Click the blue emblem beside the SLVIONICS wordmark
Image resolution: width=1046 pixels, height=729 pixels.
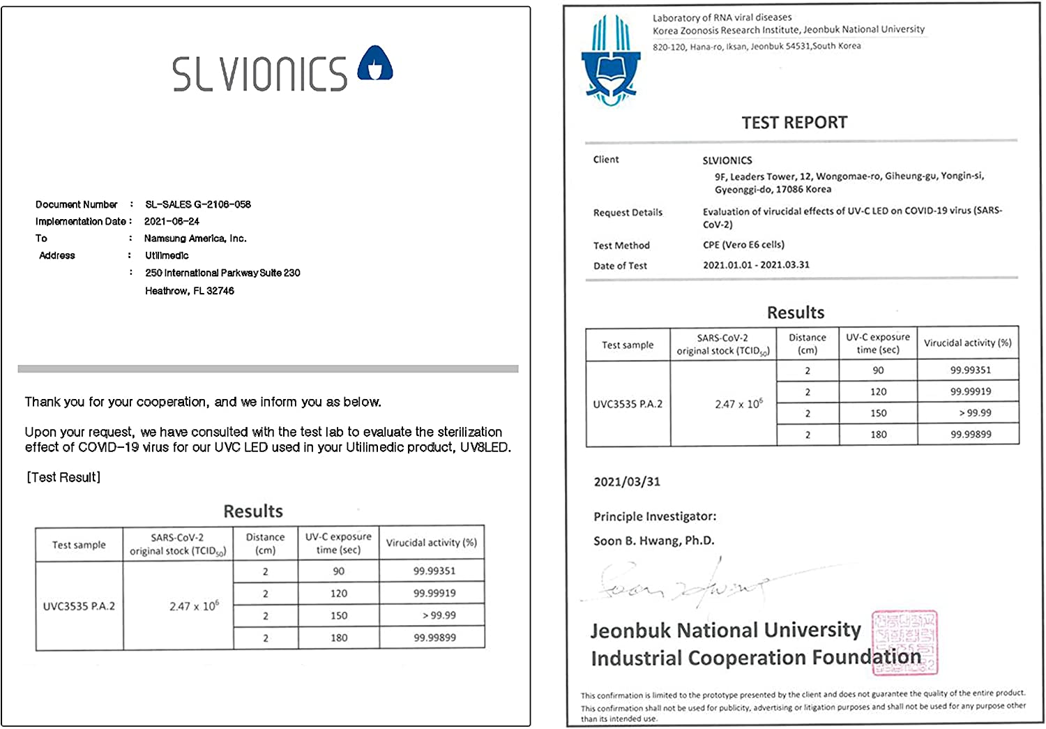[375, 63]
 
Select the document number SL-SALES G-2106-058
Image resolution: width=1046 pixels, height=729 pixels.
[198, 204]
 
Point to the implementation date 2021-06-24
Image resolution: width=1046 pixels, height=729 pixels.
[172, 221]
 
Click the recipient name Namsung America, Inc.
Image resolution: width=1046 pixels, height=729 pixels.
[195, 239]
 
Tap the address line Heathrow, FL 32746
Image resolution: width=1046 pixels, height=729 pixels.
[190, 291]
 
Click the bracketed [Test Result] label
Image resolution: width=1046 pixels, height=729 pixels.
[63, 477]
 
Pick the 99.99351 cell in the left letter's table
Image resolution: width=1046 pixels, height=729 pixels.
[434, 571]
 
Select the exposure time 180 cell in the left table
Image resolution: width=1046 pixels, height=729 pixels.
[339, 638]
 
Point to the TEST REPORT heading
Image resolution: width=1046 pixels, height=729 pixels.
[794, 123]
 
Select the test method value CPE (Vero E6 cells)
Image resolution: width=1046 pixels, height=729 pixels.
[743, 245]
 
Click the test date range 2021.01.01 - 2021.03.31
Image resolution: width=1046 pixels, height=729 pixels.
[756, 265]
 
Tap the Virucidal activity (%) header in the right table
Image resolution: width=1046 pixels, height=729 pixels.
[967, 343]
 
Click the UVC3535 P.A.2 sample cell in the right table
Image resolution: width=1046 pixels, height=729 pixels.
[628, 404]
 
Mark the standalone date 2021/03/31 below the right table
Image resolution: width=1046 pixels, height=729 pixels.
[627, 482]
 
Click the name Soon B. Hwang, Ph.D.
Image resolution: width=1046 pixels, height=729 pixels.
[653, 541]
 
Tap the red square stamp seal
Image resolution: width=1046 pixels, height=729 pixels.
[904, 642]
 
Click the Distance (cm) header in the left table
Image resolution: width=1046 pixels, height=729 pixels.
[265, 543]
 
